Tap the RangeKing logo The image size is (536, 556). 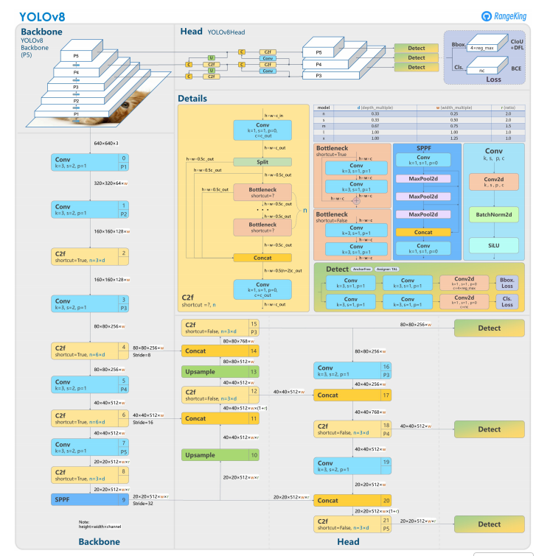point(504,15)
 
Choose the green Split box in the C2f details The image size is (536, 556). point(262,161)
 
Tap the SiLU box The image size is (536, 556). point(493,245)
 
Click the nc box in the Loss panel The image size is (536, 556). point(482,70)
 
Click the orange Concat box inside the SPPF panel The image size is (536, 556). point(422,232)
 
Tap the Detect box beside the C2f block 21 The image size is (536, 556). point(489,524)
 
